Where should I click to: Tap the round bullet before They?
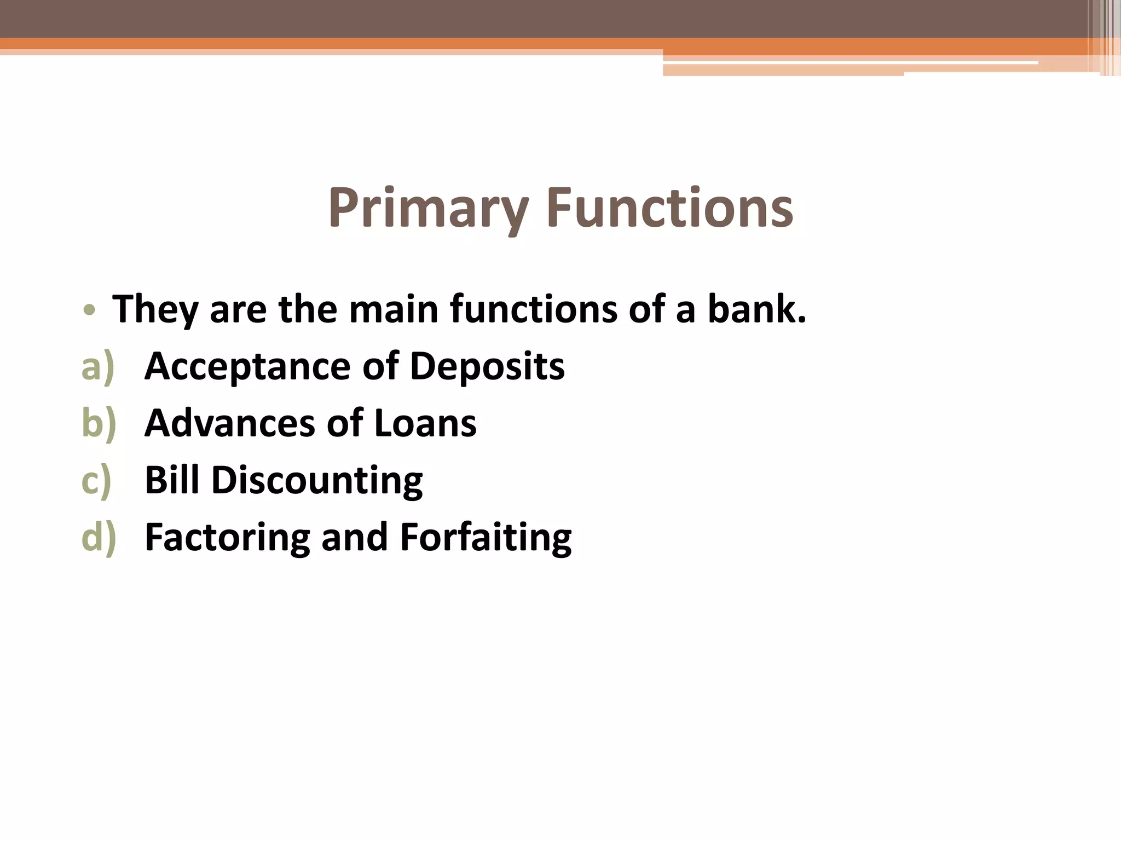89,310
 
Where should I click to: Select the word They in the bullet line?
155,310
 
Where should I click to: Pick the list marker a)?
98,367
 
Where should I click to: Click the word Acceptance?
247,367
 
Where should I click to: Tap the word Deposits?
487,367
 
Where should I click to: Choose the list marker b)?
99,424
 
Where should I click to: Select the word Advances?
230,424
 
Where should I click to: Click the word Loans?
425,424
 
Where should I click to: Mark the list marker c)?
96,481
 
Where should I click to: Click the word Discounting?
317,481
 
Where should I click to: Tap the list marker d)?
99,538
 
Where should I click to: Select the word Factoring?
227,538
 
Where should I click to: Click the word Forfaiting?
486,538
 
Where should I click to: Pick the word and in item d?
355,538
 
